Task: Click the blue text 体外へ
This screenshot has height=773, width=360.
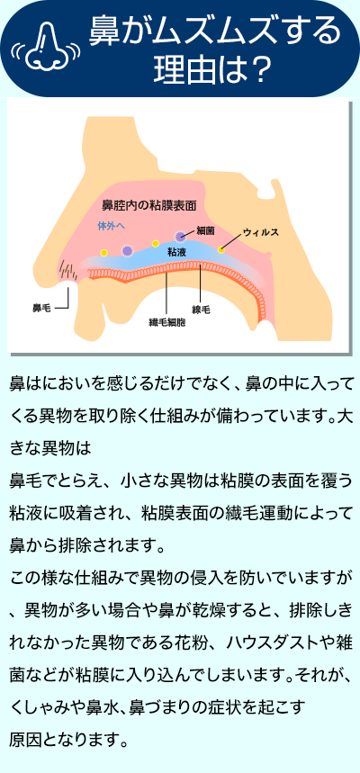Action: tap(112, 225)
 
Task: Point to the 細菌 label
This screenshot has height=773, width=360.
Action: tap(204, 229)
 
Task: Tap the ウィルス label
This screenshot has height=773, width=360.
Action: tap(261, 231)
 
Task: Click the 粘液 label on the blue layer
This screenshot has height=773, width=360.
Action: tap(176, 252)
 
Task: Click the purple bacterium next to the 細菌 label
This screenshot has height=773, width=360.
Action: tap(181, 238)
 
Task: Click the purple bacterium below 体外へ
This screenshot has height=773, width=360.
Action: tap(127, 251)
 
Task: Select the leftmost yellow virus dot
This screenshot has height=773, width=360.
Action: tap(103, 252)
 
